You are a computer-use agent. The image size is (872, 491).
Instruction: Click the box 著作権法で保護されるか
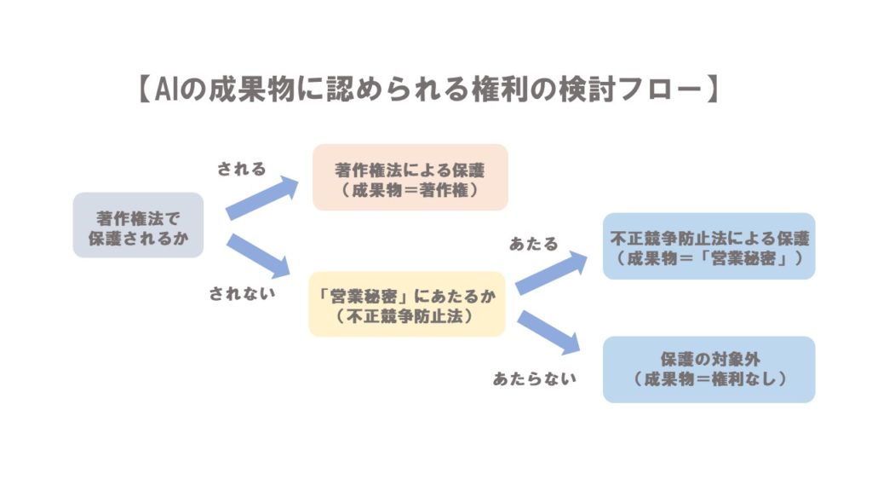(x=138, y=225)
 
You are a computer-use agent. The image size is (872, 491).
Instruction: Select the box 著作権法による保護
(x=410, y=177)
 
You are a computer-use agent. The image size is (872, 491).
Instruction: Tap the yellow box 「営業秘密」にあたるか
(x=407, y=304)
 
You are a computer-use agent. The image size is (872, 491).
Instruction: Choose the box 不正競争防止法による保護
(x=708, y=245)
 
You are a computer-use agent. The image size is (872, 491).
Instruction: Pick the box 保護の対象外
(x=708, y=369)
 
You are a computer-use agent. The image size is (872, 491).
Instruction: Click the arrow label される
(x=242, y=169)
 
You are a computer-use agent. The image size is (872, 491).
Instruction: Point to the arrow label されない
(x=243, y=294)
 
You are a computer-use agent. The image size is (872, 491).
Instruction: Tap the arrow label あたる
(x=534, y=244)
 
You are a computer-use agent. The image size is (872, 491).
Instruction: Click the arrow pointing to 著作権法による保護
(x=263, y=198)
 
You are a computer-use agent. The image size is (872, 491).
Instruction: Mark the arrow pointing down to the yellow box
(x=259, y=256)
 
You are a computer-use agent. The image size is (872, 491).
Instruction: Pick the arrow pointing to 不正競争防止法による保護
(x=552, y=274)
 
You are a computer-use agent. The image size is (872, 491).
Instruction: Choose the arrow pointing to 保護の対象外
(x=549, y=332)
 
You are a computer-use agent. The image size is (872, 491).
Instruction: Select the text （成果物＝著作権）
(x=410, y=191)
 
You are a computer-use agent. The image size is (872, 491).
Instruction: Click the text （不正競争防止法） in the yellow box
(x=407, y=316)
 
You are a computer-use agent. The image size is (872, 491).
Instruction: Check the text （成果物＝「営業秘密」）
(x=708, y=258)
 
